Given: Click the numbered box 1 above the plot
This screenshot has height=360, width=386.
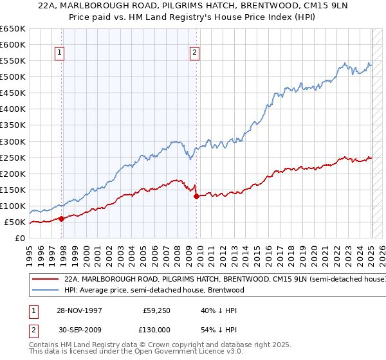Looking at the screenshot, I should coord(59,53).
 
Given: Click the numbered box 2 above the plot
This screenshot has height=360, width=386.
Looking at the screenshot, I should coord(194,53).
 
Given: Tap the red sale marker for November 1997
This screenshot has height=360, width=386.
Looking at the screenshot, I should coord(62,219).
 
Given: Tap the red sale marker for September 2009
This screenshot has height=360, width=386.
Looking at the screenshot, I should coord(196,196).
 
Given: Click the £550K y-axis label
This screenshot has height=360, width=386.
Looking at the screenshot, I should coord(12,60).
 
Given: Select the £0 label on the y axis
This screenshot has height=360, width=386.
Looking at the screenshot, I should coord(19,238).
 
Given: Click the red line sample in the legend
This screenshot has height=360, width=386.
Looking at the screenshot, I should coord(45,280).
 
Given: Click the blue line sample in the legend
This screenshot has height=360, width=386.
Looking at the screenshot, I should coord(45,290).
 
